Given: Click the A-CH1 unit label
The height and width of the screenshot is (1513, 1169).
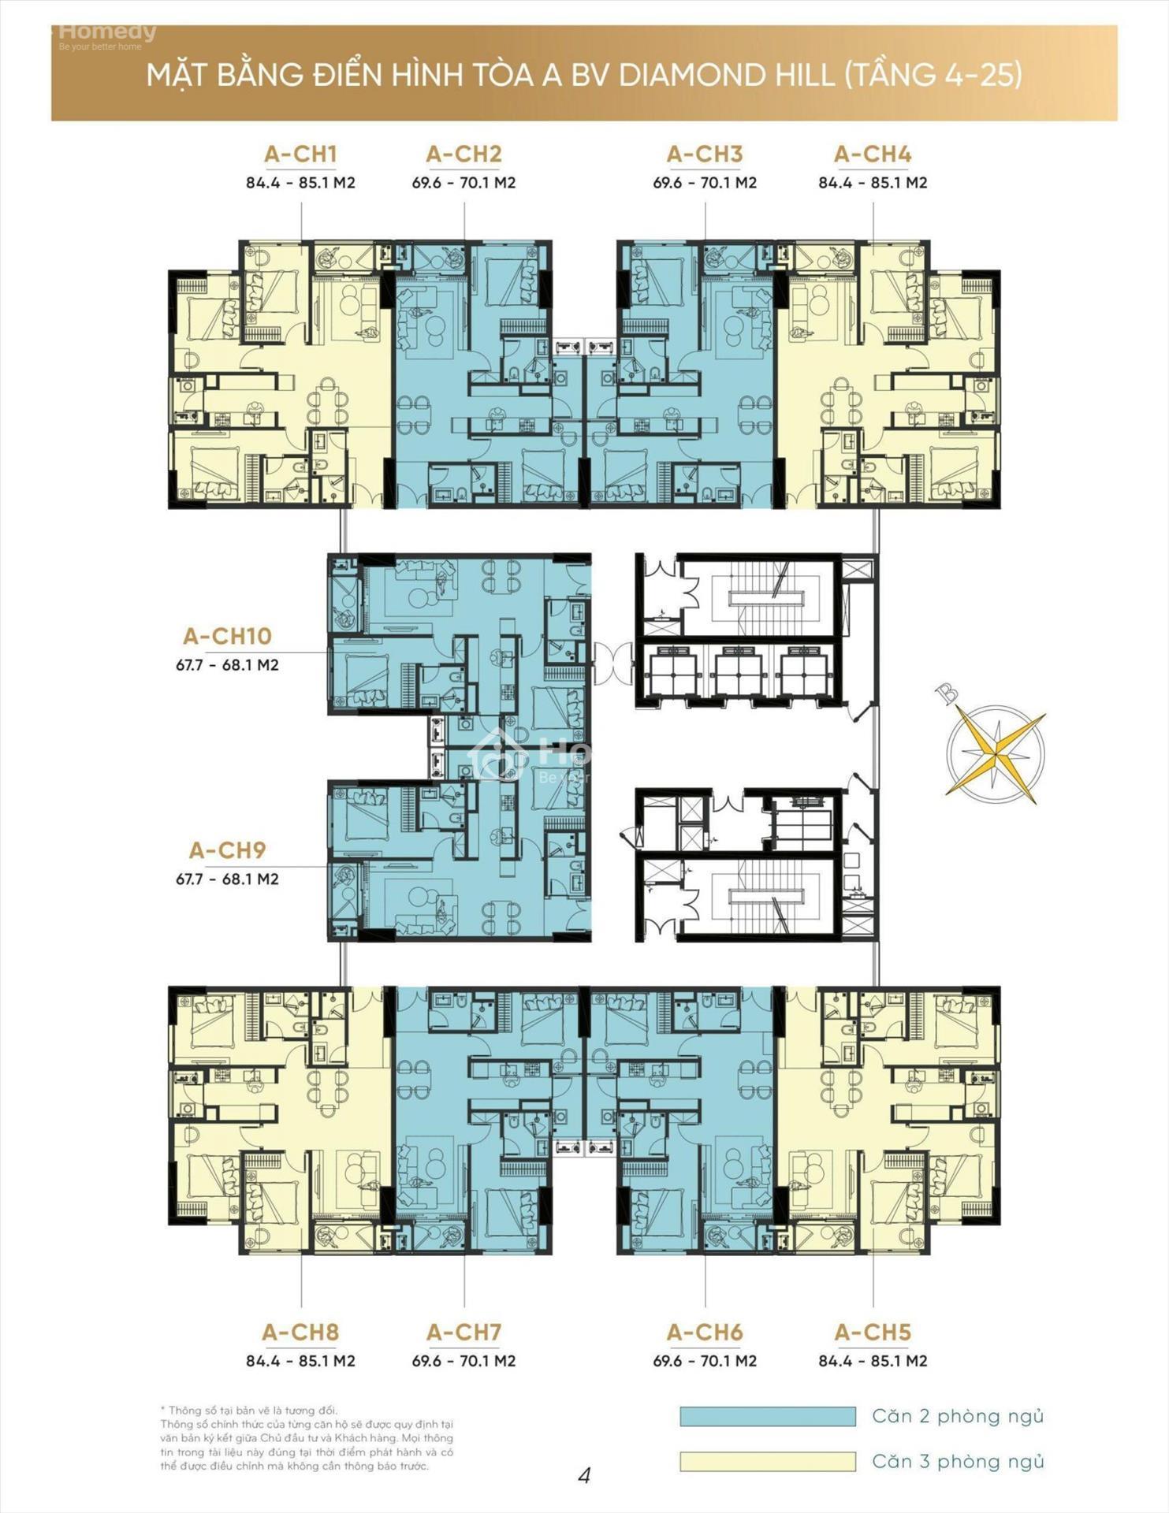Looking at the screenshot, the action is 300,154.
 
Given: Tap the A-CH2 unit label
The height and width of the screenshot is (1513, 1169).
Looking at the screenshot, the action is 464,154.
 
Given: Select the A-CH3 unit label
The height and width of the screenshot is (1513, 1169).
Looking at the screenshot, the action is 705,154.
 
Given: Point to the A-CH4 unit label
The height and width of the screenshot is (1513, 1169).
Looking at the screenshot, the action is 873,154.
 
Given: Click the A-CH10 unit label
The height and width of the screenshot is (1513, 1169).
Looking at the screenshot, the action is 227,636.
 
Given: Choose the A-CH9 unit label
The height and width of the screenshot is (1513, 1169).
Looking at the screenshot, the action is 227,850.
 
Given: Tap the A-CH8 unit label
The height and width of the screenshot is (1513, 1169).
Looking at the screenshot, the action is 300,1333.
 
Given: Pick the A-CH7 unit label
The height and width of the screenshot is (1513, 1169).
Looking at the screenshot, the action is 464,1333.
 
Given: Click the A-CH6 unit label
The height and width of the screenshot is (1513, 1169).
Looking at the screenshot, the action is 705,1333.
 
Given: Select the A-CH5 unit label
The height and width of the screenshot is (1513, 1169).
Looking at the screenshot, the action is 873,1333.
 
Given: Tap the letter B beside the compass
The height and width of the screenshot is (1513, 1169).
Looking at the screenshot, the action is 947,693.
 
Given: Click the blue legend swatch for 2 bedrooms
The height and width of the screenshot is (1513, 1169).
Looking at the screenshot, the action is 768,1416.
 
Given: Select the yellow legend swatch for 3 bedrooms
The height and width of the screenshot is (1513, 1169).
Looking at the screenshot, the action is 768,1462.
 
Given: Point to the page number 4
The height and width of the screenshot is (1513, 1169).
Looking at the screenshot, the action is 584,1475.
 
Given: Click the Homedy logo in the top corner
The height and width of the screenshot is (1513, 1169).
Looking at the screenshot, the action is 107,35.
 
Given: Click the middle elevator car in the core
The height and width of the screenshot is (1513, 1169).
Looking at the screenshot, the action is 737,672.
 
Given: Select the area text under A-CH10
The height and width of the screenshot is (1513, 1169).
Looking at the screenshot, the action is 227,665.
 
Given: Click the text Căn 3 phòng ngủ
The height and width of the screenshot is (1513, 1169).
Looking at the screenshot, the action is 958,1463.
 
